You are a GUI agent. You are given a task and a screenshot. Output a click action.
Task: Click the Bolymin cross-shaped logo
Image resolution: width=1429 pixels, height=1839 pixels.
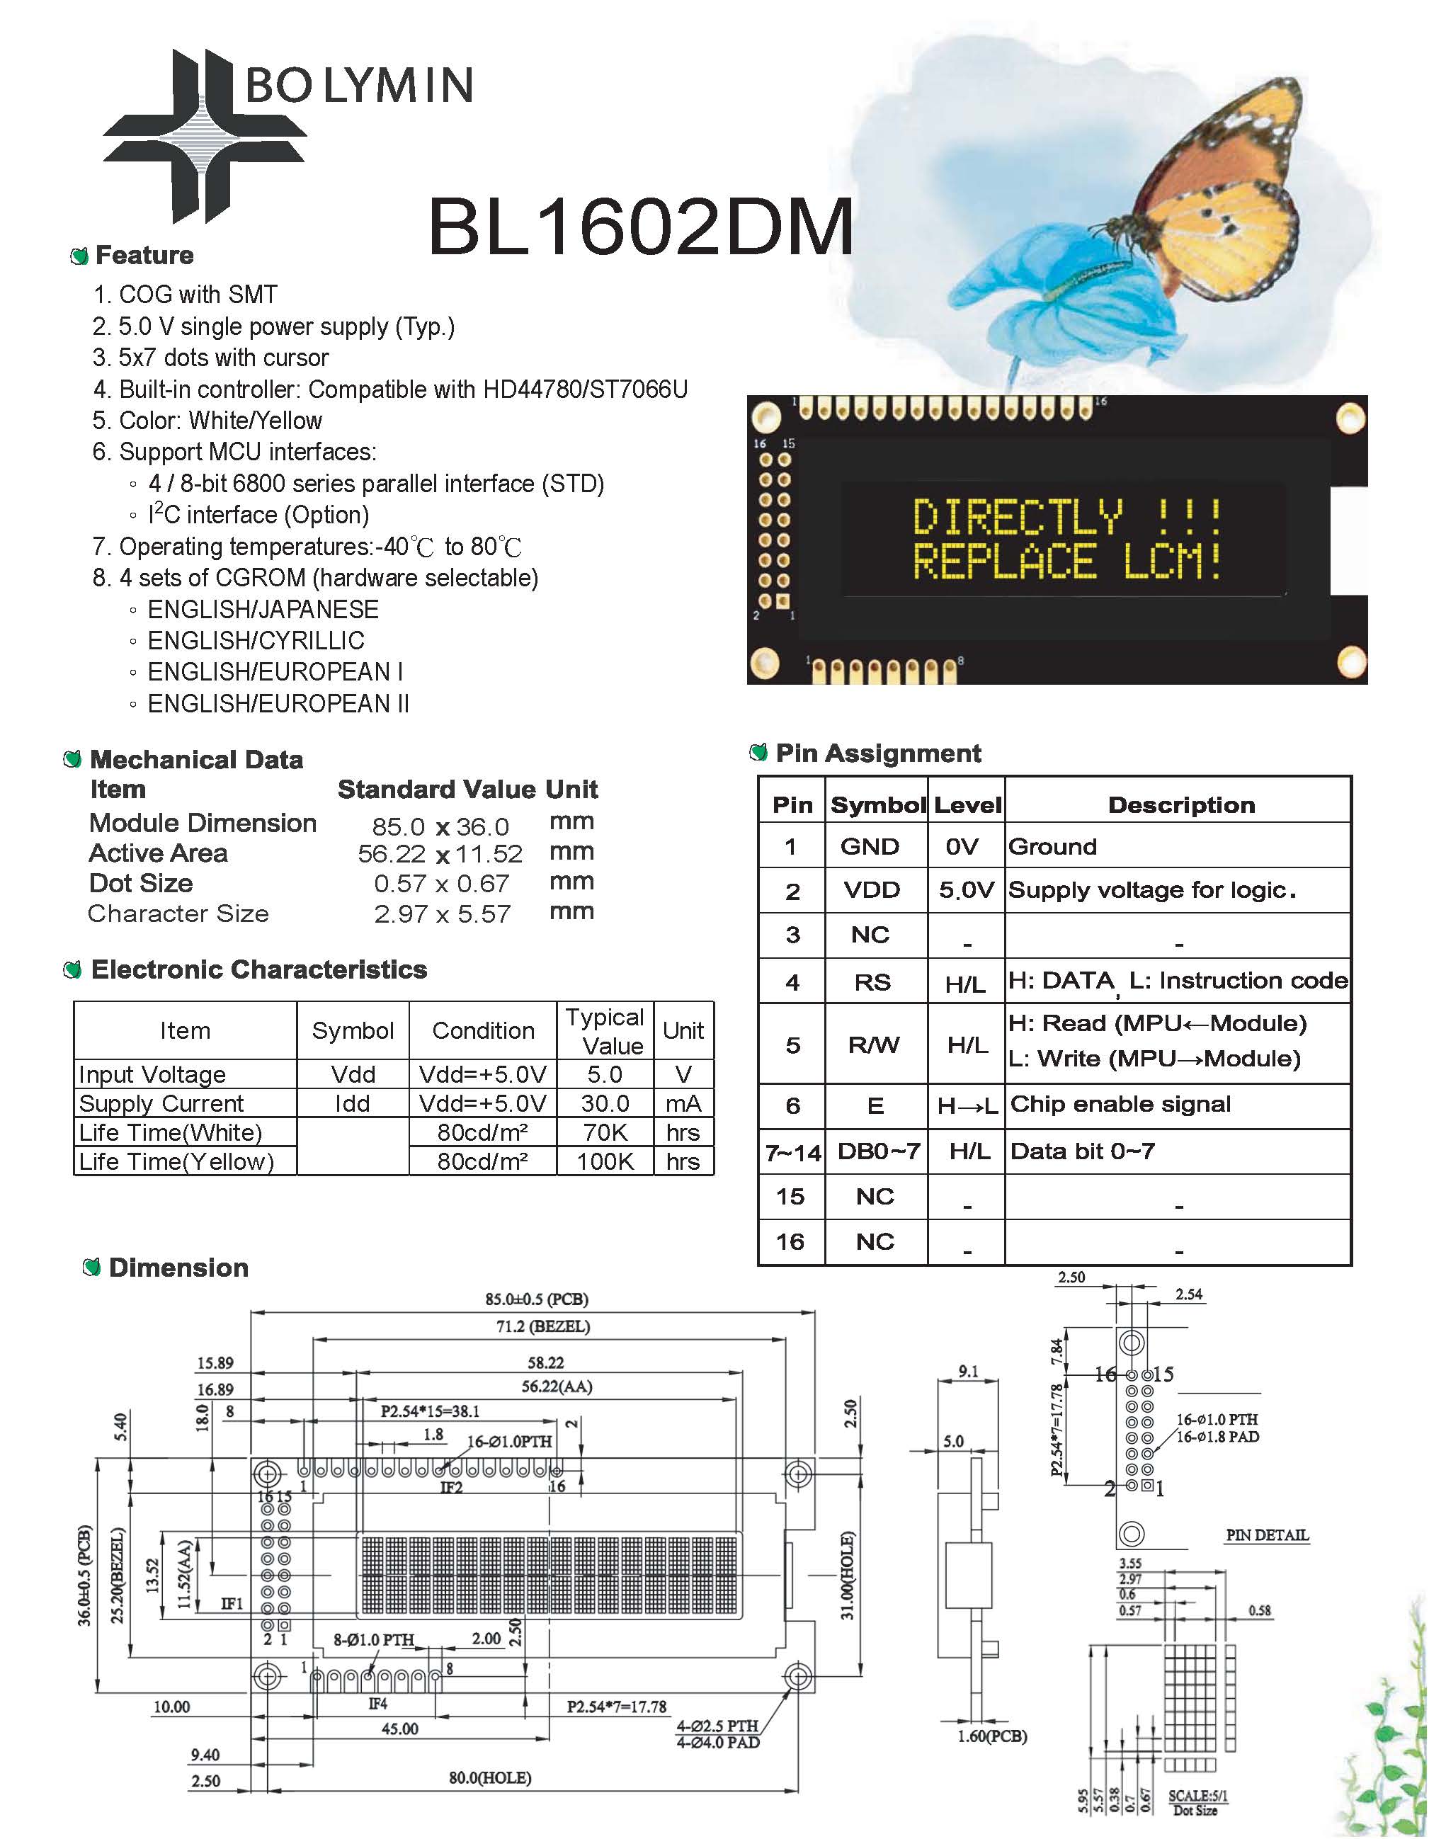click(x=205, y=135)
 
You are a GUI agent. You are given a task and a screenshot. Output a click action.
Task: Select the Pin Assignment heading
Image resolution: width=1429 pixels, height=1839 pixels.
click(x=878, y=753)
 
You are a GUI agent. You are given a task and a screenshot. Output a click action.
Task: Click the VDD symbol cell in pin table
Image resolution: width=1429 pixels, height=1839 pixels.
click(x=872, y=890)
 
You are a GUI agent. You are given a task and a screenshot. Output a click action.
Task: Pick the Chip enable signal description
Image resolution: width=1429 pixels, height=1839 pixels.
click(x=1120, y=1104)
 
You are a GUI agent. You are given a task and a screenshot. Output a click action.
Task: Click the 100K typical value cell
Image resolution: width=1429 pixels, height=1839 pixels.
click(x=605, y=1161)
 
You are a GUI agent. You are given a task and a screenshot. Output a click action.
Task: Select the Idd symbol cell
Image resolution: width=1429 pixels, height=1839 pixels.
click(x=352, y=1103)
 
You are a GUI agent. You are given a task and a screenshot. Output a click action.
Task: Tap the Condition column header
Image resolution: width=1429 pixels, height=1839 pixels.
click(x=484, y=1030)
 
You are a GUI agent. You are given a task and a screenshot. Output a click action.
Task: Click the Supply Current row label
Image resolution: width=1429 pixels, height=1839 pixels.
click(x=161, y=1103)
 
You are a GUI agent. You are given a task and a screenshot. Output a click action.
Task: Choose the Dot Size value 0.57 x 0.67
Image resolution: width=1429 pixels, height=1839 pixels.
click(x=442, y=883)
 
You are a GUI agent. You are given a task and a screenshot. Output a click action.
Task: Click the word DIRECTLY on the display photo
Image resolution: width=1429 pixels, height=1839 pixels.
click(x=1018, y=516)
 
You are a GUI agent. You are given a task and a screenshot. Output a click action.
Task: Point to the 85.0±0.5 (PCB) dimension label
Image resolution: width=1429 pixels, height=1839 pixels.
click(x=536, y=1299)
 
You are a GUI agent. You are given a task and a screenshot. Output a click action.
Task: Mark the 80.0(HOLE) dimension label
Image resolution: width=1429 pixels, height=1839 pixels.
click(x=489, y=1777)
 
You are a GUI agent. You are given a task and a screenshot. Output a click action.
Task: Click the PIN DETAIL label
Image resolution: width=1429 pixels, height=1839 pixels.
click(x=1268, y=1535)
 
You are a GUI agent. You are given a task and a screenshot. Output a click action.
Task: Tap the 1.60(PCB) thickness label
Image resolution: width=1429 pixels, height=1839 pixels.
click(x=992, y=1736)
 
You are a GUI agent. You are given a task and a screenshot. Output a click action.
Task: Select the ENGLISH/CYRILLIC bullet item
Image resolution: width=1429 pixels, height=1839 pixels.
click(x=256, y=641)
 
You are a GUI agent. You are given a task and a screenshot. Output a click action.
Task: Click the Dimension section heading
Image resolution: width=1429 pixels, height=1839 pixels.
click(x=178, y=1268)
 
